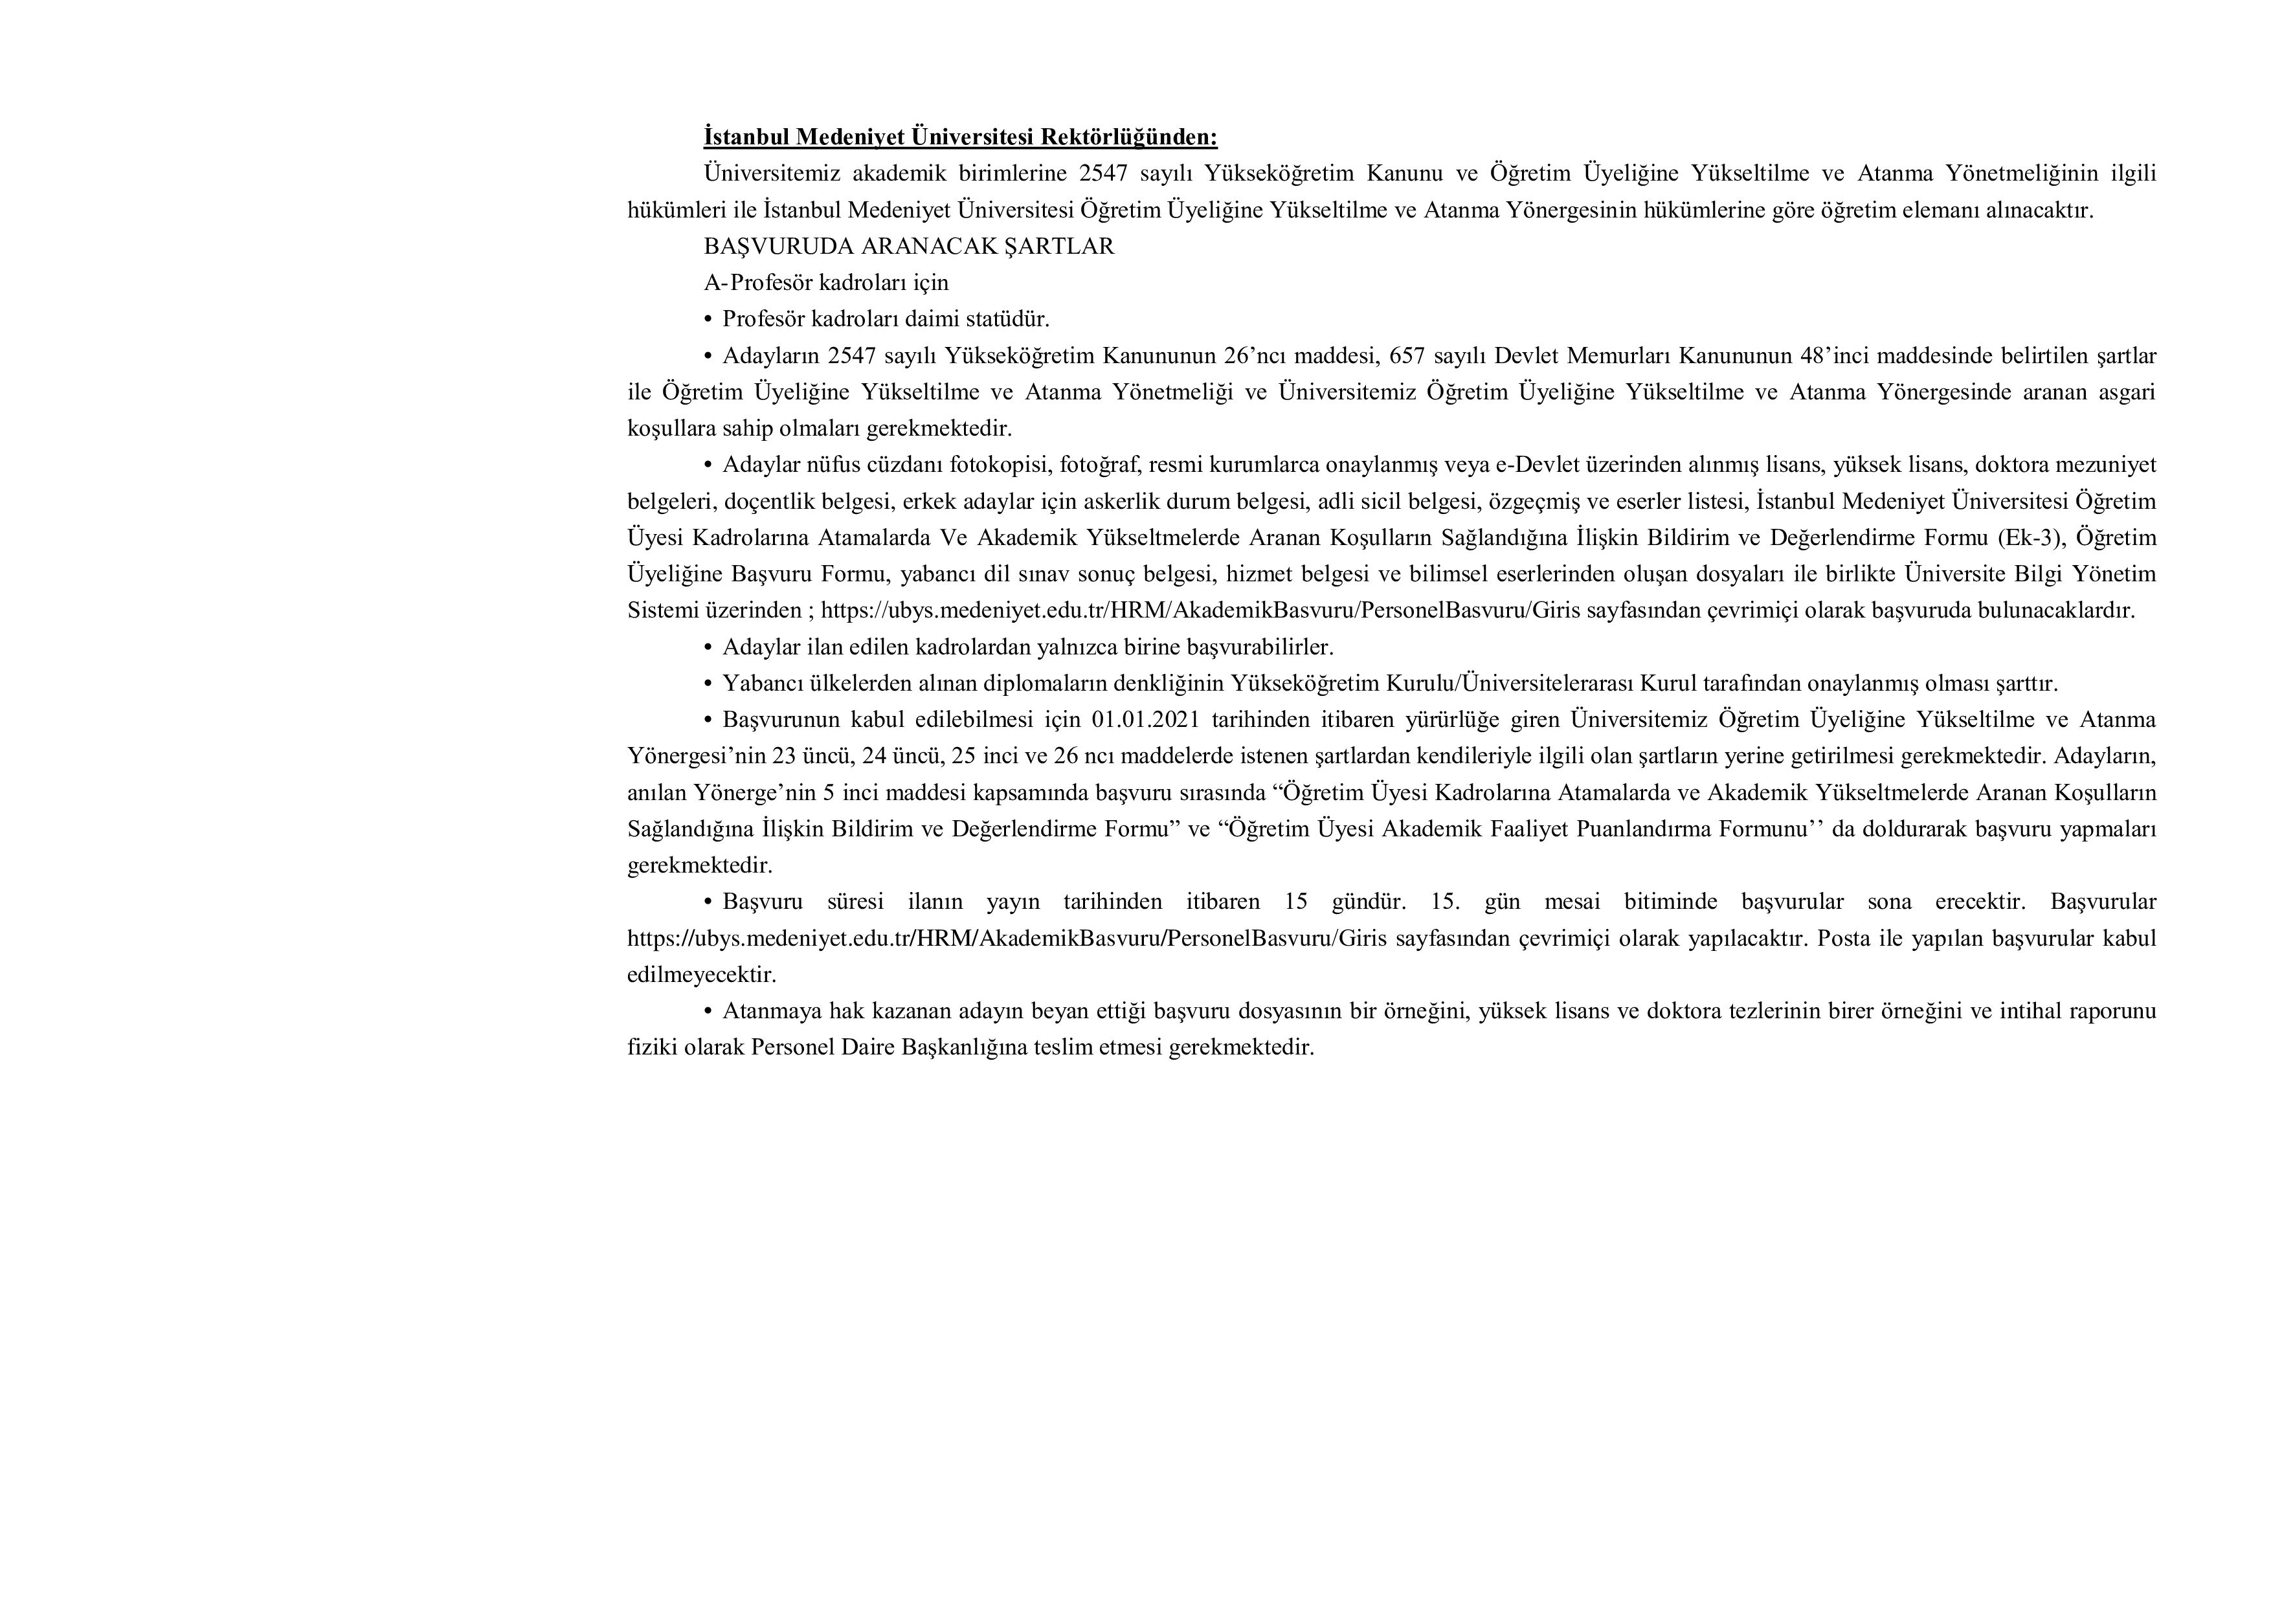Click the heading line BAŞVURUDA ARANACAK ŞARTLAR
click(x=908, y=246)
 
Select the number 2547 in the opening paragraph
click(x=1104, y=173)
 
